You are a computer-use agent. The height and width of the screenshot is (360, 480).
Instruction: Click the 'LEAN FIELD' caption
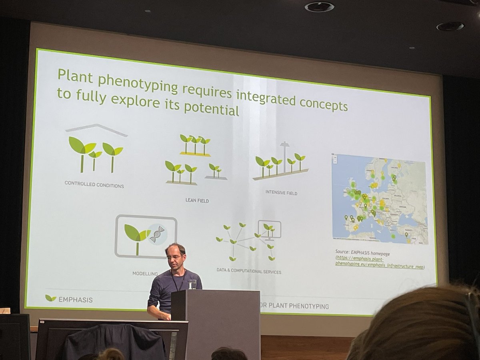pyautogui.click(x=197, y=200)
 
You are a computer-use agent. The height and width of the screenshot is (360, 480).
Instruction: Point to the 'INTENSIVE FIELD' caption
pyautogui.click(x=281, y=193)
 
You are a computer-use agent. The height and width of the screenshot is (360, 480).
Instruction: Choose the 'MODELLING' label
pyautogui.click(x=145, y=274)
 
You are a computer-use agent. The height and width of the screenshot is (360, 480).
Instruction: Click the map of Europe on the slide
pyautogui.click(x=379, y=199)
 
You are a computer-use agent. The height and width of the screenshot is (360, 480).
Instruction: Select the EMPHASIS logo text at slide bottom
pyautogui.click(x=76, y=299)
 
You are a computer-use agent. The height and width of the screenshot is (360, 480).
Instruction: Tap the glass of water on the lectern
pyautogui.click(x=192, y=284)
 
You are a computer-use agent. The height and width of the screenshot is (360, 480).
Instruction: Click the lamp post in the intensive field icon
pyautogui.click(x=284, y=156)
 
